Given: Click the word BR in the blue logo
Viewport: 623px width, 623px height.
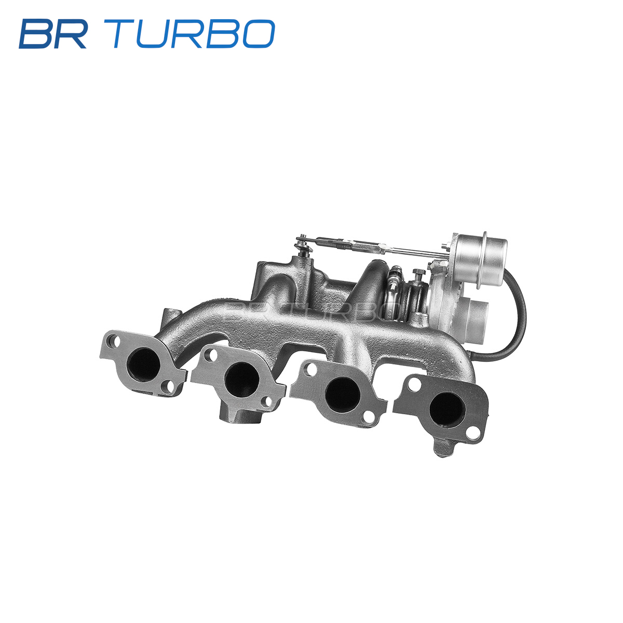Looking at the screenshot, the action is pyautogui.click(x=53, y=34).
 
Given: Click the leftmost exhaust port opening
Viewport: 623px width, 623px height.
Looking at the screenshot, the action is pyautogui.click(x=143, y=365).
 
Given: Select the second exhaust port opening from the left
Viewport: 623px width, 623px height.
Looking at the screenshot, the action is pyautogui.click(x=242, y=379).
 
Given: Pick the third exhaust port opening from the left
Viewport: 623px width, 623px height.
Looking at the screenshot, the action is pyautogui.click(x=343, y=395).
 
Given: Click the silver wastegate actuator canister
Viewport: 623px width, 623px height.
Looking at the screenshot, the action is pyautogui.click(x=480, y=260).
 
